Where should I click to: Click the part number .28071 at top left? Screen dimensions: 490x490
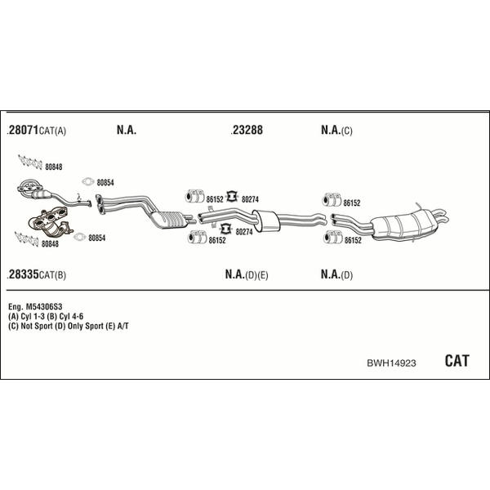[23, 130]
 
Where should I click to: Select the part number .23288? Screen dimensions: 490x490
[247, 130]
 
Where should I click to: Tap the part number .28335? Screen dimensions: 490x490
[23, 274]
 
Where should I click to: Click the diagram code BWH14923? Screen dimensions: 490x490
[391, 363]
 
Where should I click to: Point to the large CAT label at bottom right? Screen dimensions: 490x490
[457, 361]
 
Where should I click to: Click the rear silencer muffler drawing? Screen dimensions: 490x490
[406, 225]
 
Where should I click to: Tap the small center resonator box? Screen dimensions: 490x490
[266, 220]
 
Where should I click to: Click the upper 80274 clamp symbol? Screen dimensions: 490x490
[232, 196]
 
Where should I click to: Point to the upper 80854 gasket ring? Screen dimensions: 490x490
[88, 181]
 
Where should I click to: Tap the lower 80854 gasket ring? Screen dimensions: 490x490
[80, 237]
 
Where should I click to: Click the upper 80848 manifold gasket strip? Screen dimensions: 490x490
[30, 163]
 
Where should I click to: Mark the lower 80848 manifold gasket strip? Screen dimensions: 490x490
[27, 238]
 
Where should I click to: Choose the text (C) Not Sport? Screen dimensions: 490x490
[31, 326]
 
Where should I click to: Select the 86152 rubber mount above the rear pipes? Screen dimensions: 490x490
[332, 200]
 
